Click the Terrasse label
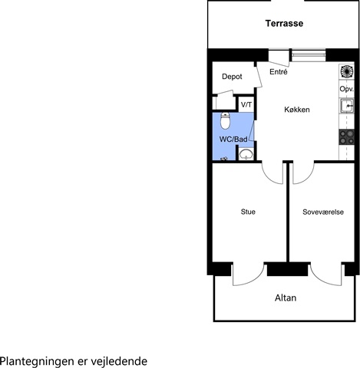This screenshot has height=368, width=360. (x=284, y=24)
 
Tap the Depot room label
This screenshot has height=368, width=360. (x=232, y=77)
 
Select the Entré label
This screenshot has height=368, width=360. (x=279, y=72)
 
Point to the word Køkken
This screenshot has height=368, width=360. (x=297, y=110)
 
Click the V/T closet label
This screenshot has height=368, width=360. (x=246, y=104)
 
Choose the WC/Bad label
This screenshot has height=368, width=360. (x=233, y=140)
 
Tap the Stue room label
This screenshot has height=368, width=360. (x=248, y=212)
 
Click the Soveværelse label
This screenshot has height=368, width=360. (x=323, y=212)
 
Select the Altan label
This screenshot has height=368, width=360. (x=286, y=297)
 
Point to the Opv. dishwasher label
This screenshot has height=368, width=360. (x=347, y=89)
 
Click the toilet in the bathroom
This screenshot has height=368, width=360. (x=226, y=120)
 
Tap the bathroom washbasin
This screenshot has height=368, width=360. (x=246, y=154)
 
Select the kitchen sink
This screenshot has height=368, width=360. (x=347, y=106)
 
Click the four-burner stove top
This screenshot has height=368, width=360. (x=347, y=137)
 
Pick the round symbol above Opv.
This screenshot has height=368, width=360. (x=347, y=71)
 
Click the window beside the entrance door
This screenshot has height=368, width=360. (x=309, y=55)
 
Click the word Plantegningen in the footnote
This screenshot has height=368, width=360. (x=37, y=362)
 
